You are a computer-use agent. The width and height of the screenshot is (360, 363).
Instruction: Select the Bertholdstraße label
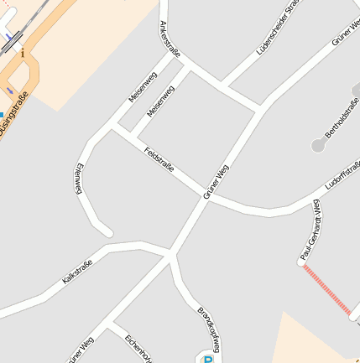[x=341, y=117]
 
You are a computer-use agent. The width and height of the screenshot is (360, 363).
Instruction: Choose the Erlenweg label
[x=80, y=179]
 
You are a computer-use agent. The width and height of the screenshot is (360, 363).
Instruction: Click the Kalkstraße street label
[x=76, y=272]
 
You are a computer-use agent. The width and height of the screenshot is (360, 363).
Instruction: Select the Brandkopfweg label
[x=210, y=329]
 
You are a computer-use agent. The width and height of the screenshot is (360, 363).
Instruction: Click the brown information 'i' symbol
[x=23, y=54]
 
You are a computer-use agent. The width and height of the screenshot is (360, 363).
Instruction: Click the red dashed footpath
[x=328, y=290]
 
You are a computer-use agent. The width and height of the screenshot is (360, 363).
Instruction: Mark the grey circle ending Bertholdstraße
[x=318, y=146]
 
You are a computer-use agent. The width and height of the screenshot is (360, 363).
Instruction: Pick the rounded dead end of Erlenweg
[x=106, y=231]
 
